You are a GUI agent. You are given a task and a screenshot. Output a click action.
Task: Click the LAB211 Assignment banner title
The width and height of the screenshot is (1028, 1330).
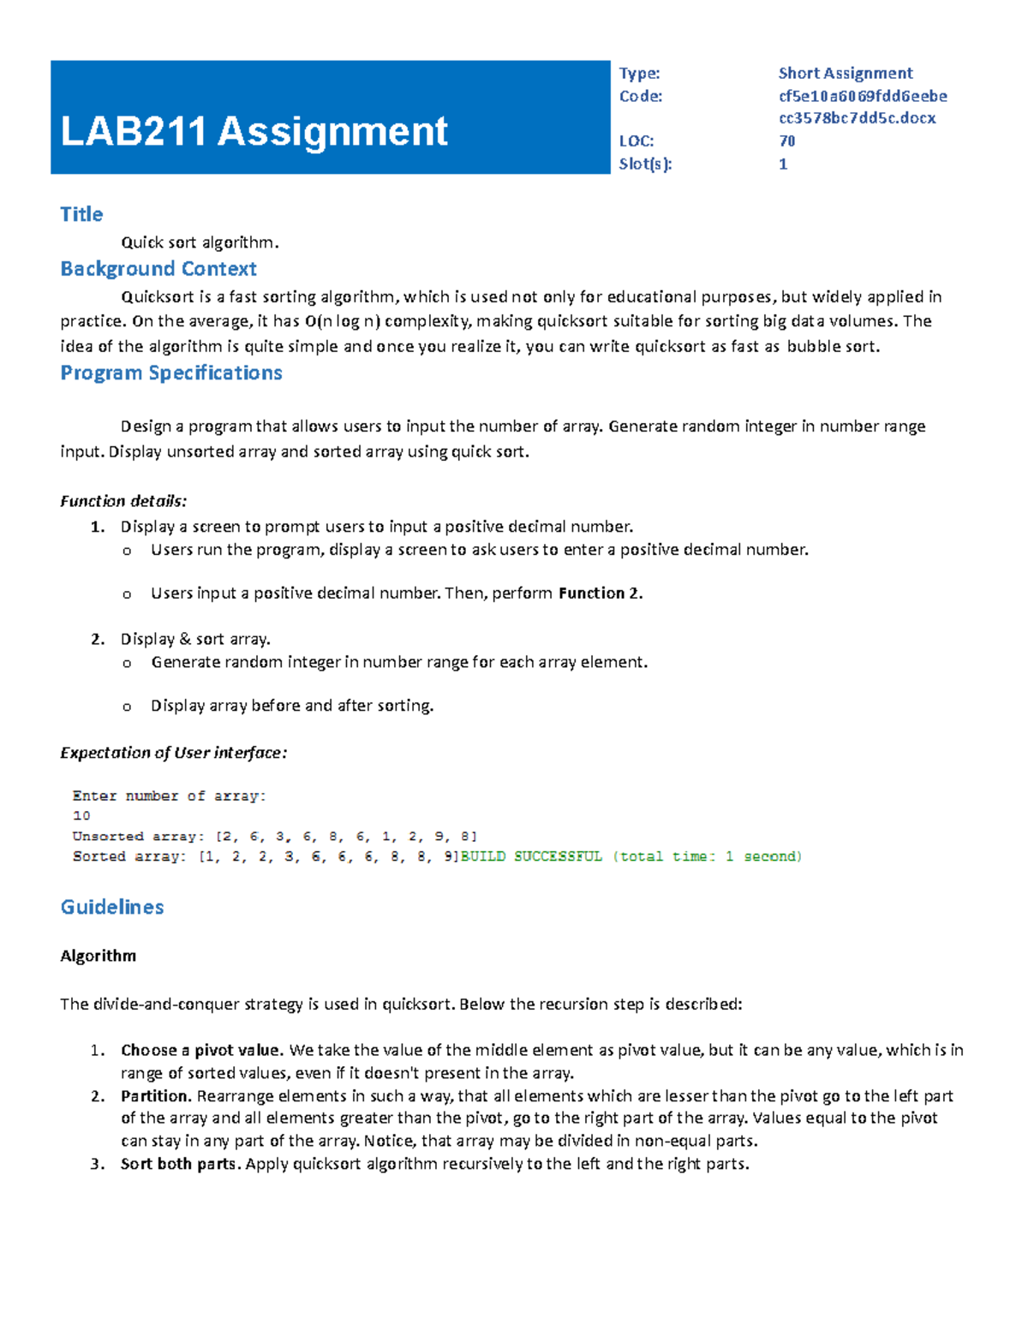pos(254,132)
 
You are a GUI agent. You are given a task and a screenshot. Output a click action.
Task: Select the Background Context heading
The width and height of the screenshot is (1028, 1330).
pos(158,269)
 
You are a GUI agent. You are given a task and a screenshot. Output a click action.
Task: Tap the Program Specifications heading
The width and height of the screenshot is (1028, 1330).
pos(171,373)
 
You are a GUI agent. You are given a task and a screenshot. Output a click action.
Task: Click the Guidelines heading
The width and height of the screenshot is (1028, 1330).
pos(112,907)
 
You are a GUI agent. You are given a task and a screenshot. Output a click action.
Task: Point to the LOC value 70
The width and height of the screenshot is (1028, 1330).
pos(786,141)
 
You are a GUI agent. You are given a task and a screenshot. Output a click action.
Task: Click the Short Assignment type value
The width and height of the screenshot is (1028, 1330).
pos(845,74)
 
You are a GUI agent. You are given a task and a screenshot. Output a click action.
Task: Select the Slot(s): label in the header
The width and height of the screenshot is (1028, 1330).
pos(645,164)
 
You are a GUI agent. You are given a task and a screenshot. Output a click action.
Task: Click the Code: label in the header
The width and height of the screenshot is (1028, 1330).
pos(640,96)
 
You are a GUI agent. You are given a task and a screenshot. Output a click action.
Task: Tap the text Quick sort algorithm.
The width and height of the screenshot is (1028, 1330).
pos(200,242)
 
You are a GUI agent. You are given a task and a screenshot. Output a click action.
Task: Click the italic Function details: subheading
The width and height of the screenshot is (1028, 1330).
pos(123,501)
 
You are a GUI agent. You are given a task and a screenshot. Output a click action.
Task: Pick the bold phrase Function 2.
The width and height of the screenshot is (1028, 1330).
pos(600,593)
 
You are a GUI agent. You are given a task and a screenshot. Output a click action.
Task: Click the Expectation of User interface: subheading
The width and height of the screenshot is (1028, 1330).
pos(173,753)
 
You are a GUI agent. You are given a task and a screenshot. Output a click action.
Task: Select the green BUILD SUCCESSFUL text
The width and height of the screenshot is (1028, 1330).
pos(531,856)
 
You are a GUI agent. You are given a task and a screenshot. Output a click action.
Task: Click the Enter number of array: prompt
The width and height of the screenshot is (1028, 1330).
pos(169,796)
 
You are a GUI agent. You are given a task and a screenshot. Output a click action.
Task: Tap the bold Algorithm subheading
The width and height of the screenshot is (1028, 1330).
pos(98,956)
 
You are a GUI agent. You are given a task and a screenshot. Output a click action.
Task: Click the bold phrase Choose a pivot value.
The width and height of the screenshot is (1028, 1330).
pos(201,1050)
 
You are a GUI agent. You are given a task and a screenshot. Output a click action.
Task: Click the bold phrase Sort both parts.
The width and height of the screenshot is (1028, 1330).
pos(182,1164)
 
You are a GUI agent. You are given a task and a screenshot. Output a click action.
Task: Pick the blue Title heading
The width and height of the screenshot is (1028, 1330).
pos(81,214)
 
